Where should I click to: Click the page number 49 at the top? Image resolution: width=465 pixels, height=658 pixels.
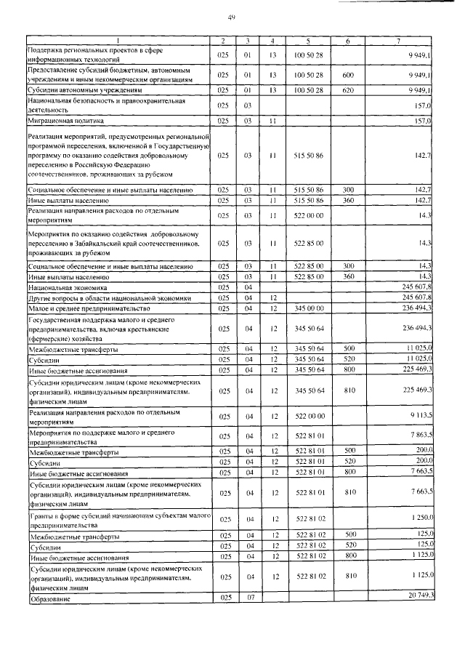coord(232,17)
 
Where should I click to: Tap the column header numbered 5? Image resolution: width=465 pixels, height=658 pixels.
coord(309,41)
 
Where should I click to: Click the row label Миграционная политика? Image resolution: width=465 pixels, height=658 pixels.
coord(66,120)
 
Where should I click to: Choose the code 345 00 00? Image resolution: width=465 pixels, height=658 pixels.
coord(309,308)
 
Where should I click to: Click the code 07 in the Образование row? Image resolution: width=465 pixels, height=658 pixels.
coord(248,598)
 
